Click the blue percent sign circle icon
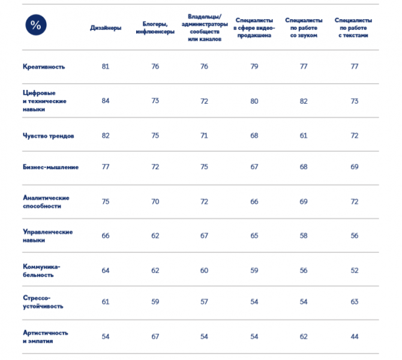click(36, 25)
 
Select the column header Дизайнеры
click(106, 28)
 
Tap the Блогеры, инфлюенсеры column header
click(155, 28)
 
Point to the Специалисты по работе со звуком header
click(304, 28)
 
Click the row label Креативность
click(44, 67)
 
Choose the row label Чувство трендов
click(49, 136)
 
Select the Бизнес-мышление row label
click(50, 167)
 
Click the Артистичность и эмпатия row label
click(46, 337)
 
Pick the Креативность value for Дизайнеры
click(106, 67)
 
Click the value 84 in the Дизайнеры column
click(106, 101)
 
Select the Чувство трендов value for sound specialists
click(304, 136)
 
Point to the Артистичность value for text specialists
click(355, 337)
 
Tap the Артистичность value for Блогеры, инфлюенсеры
click(155, 337)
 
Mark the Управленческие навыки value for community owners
click(205, 236)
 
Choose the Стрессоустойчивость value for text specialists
click(355, 302)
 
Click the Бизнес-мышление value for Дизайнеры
click(106, 167)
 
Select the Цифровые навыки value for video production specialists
click(254, 101)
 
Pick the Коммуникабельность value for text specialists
click(355, 271)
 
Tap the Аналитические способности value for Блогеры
click(155, 202)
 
